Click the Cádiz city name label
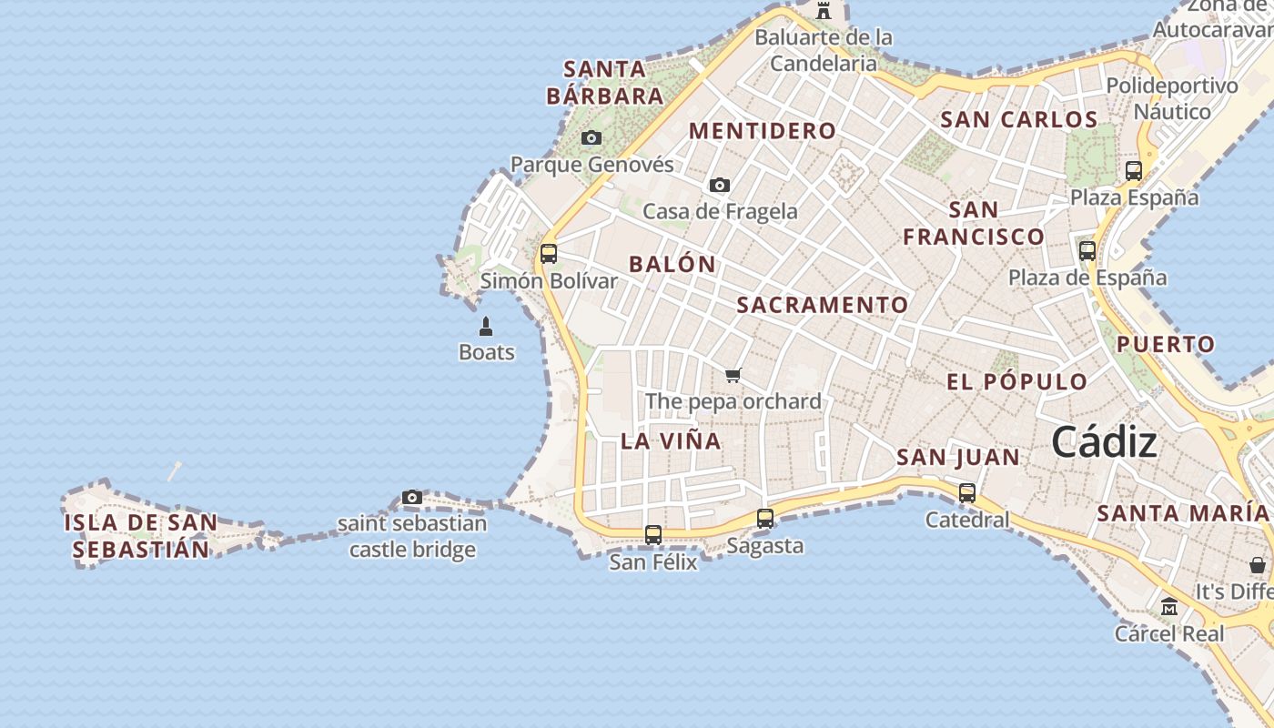(1104, 443)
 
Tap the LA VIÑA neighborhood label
(671, 441)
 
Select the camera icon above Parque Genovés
(591, 138)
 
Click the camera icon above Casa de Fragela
(719, 185)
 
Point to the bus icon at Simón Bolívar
(548, 254)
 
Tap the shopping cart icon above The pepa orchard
(733, 375)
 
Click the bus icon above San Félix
(652, 535)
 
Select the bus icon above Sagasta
(765, 519)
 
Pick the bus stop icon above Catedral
(966, 493)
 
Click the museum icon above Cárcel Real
(1169, 606)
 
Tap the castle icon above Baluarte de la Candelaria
(824, 11)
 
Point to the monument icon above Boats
(486, 326)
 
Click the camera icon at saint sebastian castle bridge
(412, 498)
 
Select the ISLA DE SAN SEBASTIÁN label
(141, 536)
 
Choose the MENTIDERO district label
(762, 131)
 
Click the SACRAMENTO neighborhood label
(822, 305)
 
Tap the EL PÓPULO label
(1016, 381)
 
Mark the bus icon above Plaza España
(1133, 171)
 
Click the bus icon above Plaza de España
(1087, 251)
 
